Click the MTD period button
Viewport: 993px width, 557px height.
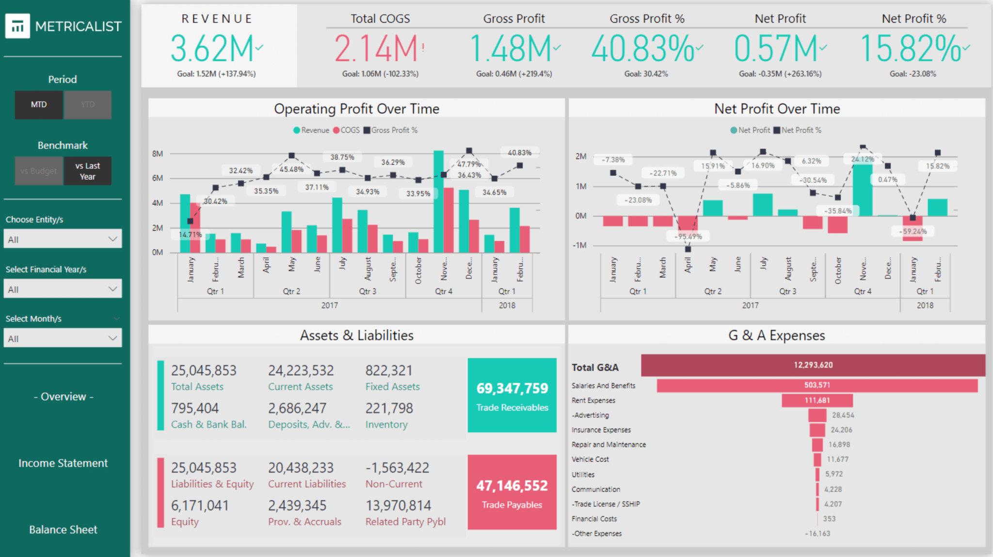(39, 105)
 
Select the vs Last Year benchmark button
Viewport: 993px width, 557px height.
(88, 171)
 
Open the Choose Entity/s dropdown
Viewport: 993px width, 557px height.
(63, 239)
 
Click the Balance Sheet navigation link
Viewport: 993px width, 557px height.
(63, 529)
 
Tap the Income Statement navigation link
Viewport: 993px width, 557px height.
(63, 463)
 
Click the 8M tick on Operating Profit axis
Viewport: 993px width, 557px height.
(158, 154)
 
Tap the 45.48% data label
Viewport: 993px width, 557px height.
(291, 169)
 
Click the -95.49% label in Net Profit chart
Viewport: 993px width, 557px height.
(688, 237)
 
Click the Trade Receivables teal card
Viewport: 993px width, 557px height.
(512, 395)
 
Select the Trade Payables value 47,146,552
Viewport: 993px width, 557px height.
(512, 485)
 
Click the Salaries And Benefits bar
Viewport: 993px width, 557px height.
(817, 385)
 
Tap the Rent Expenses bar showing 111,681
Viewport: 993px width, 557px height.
(817, 400)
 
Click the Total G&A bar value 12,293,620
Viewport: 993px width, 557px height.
(813, 365)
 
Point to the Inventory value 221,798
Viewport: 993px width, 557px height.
(389, 408)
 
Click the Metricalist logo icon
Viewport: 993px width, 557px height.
(17, 26)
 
